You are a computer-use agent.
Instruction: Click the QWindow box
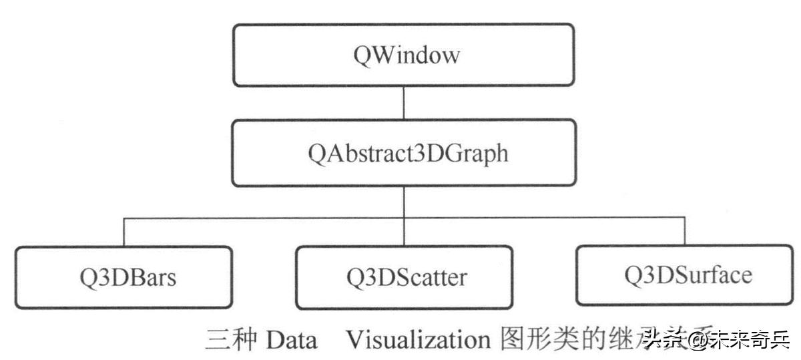coord(403,55)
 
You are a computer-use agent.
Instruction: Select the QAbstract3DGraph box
coord(403,153)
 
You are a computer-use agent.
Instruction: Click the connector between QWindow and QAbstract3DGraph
coord(403,103)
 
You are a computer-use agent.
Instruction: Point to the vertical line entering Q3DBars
coord(124,232)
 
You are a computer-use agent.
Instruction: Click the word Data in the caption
coord(291,341)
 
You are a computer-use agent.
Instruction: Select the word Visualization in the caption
coord(418,341)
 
